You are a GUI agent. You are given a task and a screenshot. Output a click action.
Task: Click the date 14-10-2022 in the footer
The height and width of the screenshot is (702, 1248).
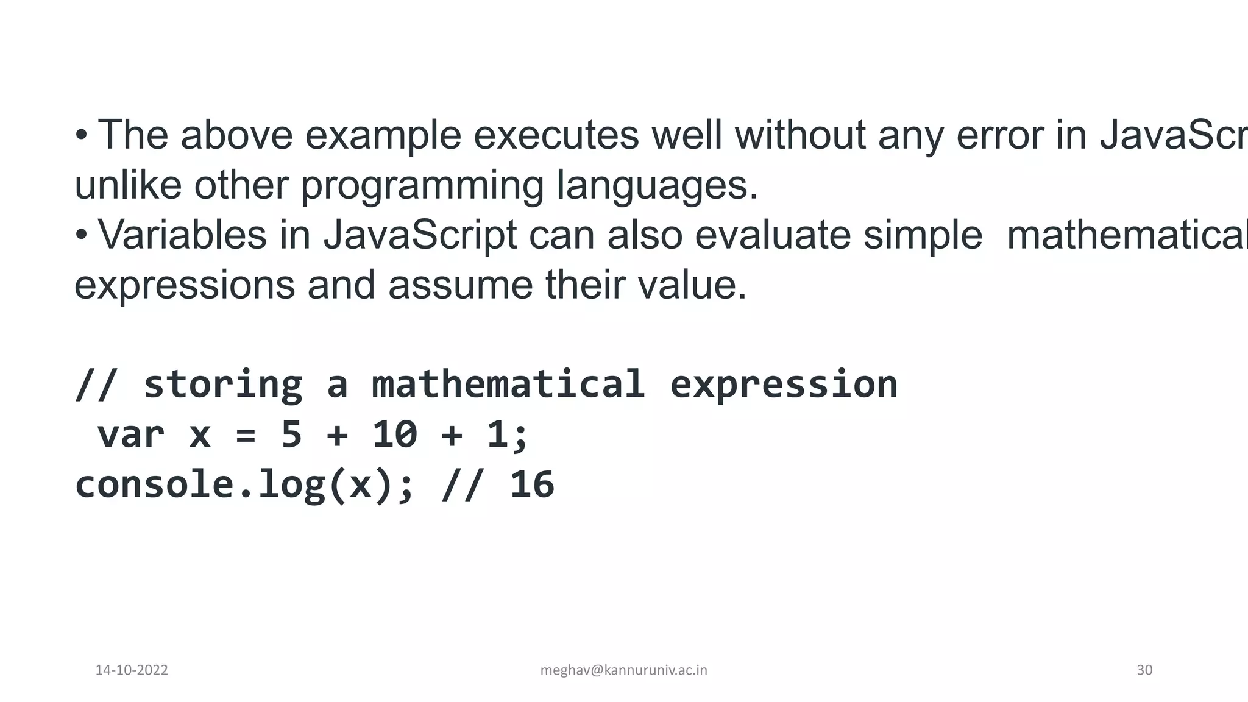tap(132, 670)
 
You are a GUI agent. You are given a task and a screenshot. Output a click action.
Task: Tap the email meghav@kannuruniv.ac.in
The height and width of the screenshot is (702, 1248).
tap(623, 670)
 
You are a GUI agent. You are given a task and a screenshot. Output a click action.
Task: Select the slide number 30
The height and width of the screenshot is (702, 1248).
tap(1144, 670)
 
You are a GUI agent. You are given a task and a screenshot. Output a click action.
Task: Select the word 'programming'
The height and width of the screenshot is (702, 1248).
tap(422, 186)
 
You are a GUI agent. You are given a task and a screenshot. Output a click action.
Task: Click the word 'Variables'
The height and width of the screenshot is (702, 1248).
tap(182, 235)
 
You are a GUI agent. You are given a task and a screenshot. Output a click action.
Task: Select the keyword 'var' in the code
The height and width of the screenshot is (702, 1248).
tap(131, 435)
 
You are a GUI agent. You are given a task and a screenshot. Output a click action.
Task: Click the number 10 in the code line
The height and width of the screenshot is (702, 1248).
tap(394, 435)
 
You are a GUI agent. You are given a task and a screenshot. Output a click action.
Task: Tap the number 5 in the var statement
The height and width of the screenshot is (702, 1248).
tap(291, 435)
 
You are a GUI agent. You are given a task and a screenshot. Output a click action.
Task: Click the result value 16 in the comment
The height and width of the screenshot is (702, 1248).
tap(532, 485)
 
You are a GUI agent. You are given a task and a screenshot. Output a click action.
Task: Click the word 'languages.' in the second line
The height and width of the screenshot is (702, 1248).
tap(657, 186)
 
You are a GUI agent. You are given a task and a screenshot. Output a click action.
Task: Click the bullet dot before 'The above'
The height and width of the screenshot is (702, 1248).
tap(81, 135)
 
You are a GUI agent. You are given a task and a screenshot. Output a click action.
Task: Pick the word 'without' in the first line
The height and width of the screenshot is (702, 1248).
tap(800, 135)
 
